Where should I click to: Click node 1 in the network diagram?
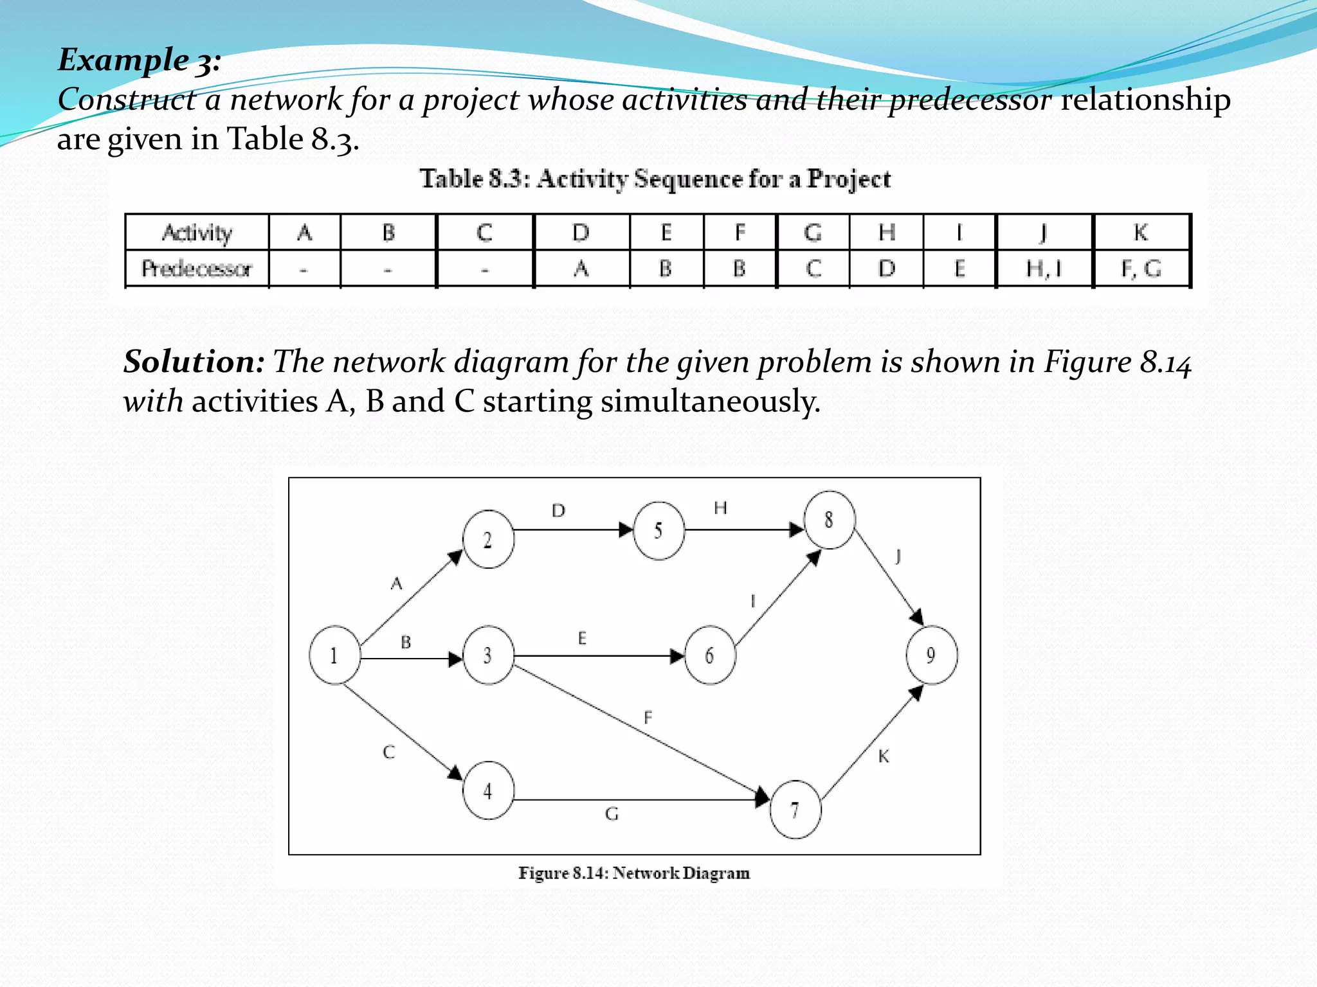(x=334, y=655)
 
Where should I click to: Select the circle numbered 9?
(x=931, y=655)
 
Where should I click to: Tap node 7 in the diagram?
(x=795, y=810)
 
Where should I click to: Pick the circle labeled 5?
(x=658, y=531)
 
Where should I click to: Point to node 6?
(x=710, y=655)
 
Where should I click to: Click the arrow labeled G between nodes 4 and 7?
(x=637, y=800)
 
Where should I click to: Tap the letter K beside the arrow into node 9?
(x=884, y=757)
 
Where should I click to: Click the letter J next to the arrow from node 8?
(x=898, y=556)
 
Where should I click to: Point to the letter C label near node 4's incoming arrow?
(x=389, y=752)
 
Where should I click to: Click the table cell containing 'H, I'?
(x=1044, y=269)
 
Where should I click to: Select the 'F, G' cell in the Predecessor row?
(x=1141, y=269)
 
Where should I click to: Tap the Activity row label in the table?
(x=197, y=233)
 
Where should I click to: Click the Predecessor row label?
(x=197, y=269)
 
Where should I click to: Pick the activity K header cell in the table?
(x=1141, y=233)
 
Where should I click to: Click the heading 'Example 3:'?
(x=140, y=60)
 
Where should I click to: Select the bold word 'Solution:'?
(x=194, y=362)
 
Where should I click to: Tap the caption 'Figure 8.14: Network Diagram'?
(x=634, y=873)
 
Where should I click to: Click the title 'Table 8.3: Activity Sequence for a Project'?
(x=655, y=179)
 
